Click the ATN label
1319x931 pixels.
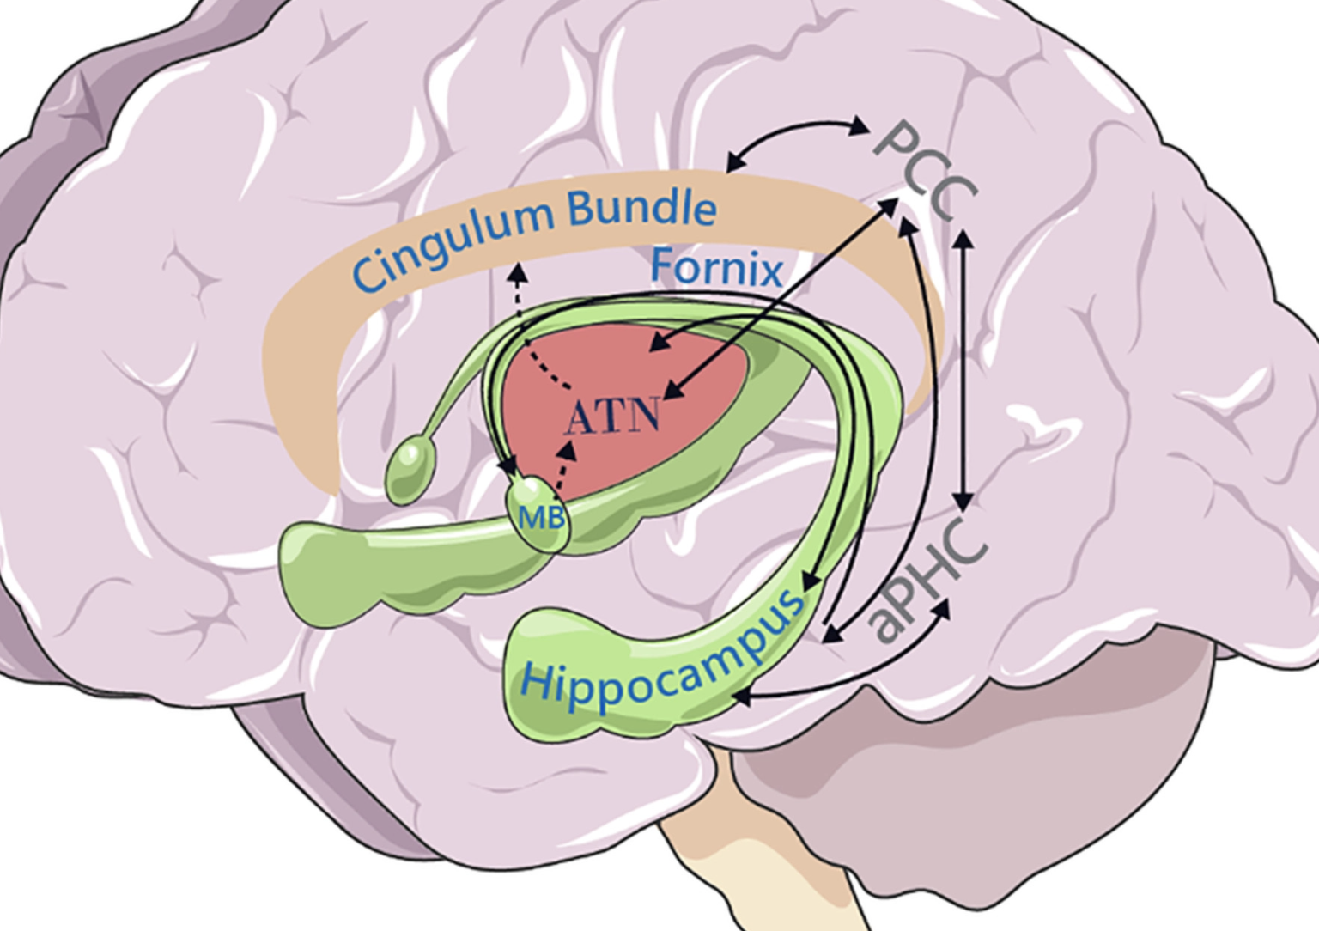[x=613, y=417]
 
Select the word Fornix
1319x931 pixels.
[x=716, y=268]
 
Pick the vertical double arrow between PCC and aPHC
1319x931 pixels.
[x=963, y=369]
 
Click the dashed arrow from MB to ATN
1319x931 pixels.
[x=563, y=467]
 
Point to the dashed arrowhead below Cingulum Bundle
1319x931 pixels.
[x=516, y=274]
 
